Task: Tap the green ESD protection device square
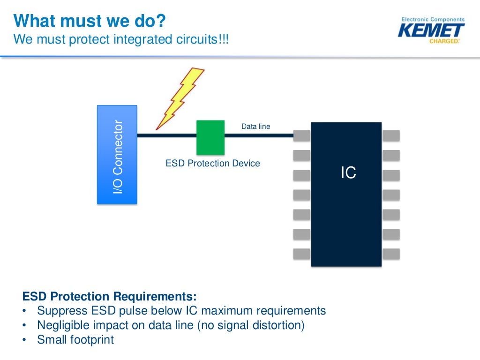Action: (x=210, y=137)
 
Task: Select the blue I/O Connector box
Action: (x=117, y=155)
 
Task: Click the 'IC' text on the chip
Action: (x=348, y=173)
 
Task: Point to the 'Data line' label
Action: (x=255, y=127)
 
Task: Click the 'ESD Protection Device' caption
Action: (x=213, y=164)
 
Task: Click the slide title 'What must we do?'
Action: (x=89, y=21)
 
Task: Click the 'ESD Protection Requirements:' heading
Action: (x=110, y=297)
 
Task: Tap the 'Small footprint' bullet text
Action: (x=75, y=340)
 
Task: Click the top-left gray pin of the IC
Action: (x=302, y=135)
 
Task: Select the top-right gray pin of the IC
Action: (x=391, y=135)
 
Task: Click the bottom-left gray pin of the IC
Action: (x=302, y=254)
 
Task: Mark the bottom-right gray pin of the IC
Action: (x=391, y=254)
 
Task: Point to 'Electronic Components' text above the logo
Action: (x=433, y=20)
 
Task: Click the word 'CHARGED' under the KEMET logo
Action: (x=443, y=41)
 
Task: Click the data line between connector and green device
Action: (x=166, y=135)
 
